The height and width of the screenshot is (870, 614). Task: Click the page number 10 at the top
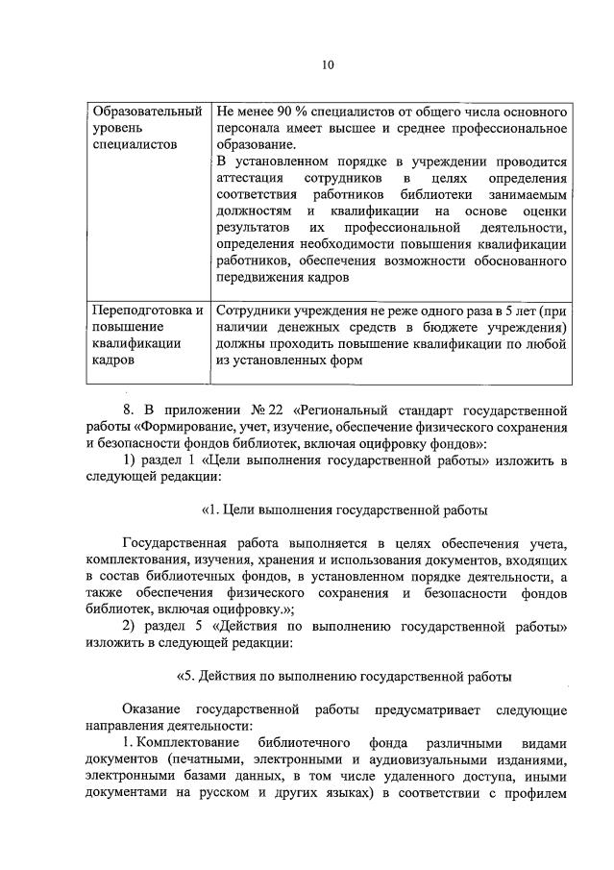(x=328, y=65)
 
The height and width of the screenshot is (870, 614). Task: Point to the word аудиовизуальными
(x=432, y=761)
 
